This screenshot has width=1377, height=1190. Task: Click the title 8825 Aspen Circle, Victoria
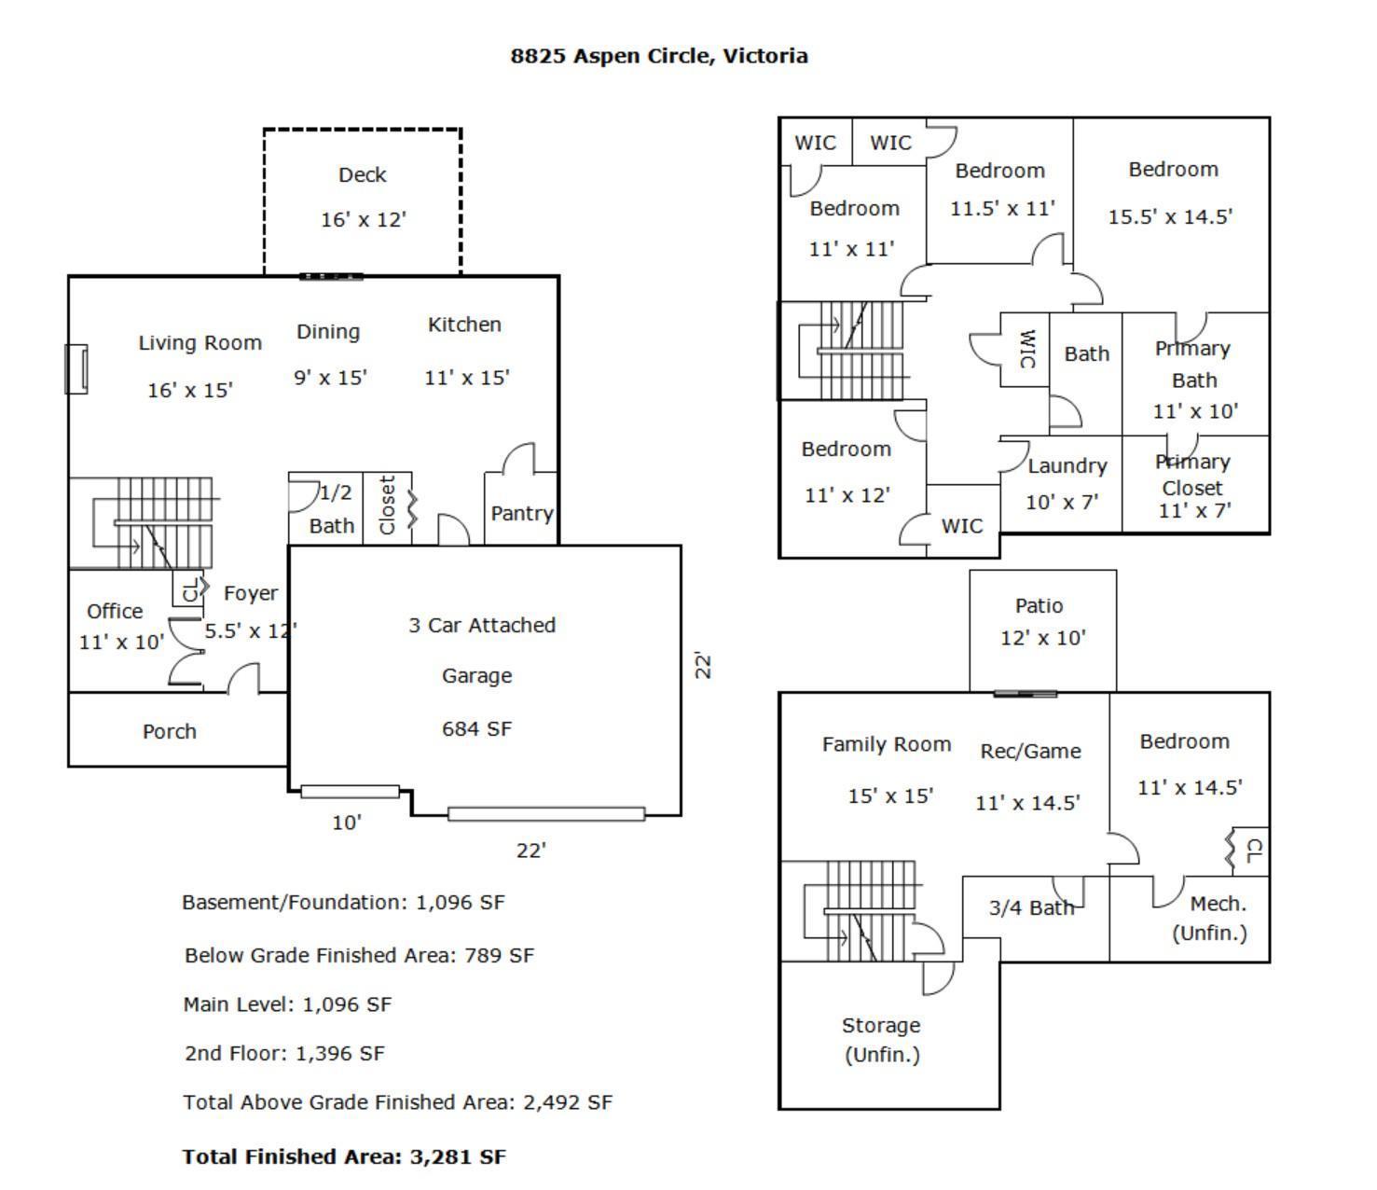tap(659, 56)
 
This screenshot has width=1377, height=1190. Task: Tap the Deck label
tap(362, 175)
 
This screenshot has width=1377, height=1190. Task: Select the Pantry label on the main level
tap(521, 513)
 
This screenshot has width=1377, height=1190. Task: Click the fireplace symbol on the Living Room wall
tap(76, 368)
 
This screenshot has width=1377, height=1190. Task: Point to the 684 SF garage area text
tap(476, 728)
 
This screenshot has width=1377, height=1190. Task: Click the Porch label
tap(170, 731)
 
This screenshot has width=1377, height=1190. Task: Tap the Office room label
tap(115, 611)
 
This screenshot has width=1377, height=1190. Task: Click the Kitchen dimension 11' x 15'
tap(466, 378)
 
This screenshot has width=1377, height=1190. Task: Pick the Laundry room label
tap(1067, 466)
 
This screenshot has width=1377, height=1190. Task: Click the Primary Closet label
tap(1192, 475)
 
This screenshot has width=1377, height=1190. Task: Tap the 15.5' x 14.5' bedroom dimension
tap(1170, 216)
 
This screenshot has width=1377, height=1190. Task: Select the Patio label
tap(1039, 606)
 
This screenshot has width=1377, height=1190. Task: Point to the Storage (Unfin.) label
tap(881, 1039)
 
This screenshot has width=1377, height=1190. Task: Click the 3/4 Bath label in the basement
tap(1031, 907)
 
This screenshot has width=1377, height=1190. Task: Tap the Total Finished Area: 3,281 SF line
tap(344, 1156)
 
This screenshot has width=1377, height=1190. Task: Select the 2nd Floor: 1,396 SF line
tap(284, 1053)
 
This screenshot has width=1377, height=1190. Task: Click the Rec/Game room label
tap(1030, 752)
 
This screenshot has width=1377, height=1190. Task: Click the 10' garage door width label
tap(347, 823)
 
